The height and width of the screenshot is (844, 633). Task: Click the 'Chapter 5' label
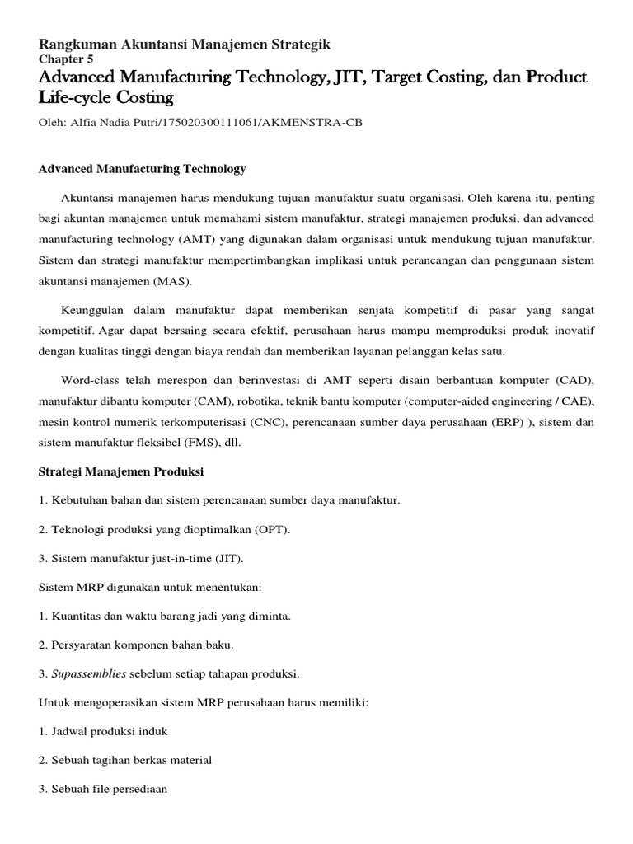click(x=66, y=59)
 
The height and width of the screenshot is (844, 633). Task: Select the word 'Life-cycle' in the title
click(x=74, y=98)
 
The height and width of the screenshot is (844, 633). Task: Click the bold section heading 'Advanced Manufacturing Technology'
click(x=143, y=169)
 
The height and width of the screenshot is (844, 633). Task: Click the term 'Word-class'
click(x=88, y=380)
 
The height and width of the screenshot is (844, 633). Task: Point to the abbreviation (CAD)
click(x=574, y=380)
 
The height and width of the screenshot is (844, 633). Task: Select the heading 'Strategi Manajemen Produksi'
click(x=120, y=472)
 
